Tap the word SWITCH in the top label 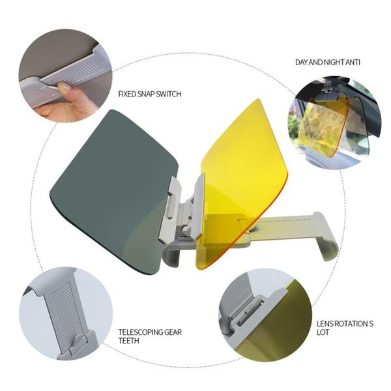(167, 94)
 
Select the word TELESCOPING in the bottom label (139, 331)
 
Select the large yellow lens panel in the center (241, 169)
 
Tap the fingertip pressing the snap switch (63, 87)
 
